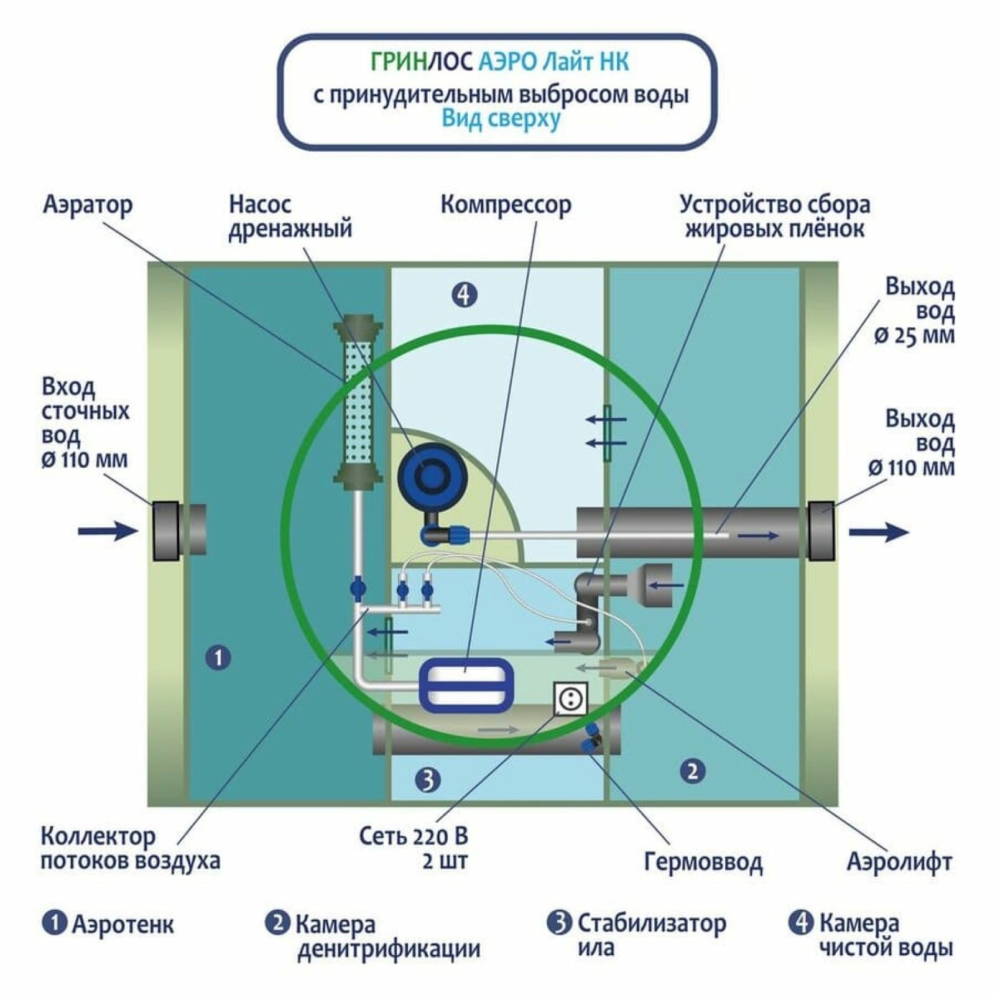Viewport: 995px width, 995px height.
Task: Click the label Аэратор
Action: pos(88,205)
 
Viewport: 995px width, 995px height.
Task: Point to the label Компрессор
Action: pos(506,205)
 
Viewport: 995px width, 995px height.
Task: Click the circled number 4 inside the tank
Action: pos(464,294)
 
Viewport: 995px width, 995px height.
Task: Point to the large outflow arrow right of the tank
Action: pos(878,532)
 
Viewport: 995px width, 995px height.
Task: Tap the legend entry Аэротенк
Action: pos(123,924)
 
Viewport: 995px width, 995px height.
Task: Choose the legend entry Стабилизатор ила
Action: pos(650,935)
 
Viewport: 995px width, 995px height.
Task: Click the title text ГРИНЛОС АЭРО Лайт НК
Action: pos(499,62)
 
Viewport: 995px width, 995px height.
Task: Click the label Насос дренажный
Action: pos(290,216)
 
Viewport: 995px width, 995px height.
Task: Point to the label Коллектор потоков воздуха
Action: pos(130,849)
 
